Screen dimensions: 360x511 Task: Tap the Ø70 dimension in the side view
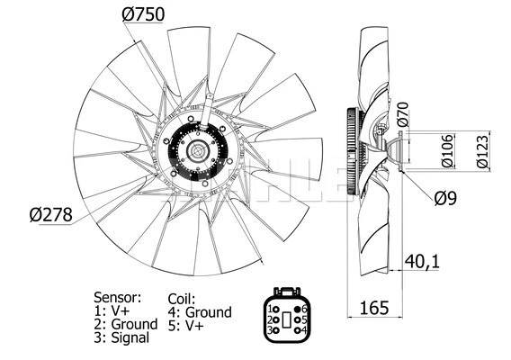(x=402, y=115)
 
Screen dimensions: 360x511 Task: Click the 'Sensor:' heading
(x=117, y=296)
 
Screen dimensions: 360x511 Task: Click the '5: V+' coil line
(x=188, y=326)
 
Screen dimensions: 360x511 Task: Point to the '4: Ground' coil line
(x=200, y=312)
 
